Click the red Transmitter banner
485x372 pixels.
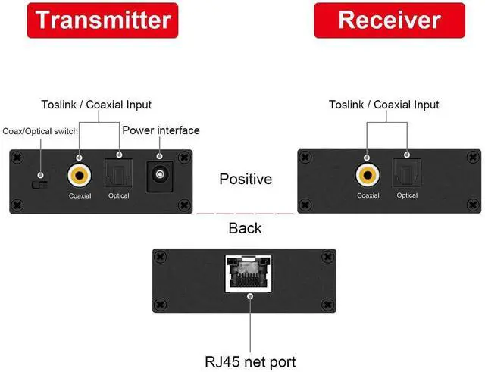click(x=102, y=20)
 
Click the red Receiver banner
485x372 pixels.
click(x=389, y=20)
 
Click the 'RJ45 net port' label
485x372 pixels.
click(x=249, y=361)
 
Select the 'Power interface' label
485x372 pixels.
click(x=161, y=130)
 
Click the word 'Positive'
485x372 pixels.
click(x=245, y=180)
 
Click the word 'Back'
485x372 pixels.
click(x=245, y=227)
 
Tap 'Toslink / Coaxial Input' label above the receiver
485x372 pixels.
click(x=384, y=105)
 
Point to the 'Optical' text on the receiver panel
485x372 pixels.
click(x=407, y=196)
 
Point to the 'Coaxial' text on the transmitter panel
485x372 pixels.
click(x=80, y=196)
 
